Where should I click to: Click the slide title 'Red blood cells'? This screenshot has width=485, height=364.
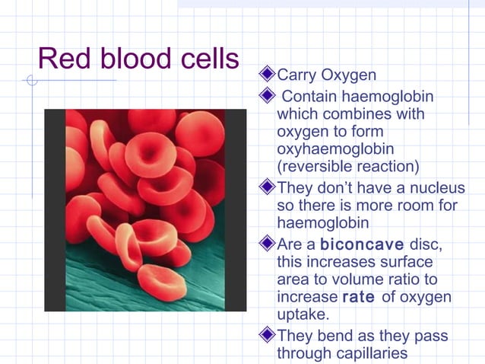click(138, 59)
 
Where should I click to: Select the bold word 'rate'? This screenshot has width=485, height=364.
click(359, 297)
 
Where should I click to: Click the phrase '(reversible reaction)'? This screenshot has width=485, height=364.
click(347, 167)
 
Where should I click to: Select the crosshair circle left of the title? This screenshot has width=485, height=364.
click(31, 80)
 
